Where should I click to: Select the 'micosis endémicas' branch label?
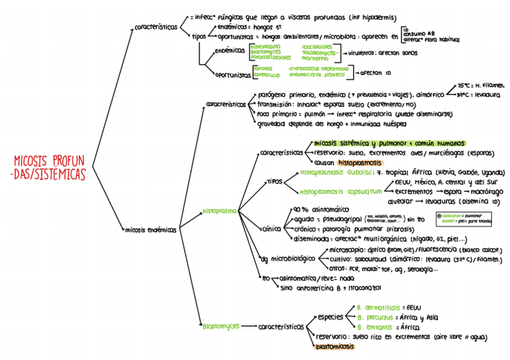[150, 229]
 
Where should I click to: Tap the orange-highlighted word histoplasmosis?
[360, 163]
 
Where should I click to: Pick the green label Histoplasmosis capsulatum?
[340, 191]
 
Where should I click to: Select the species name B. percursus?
[375, 317]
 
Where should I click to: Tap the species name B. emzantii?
[373, 327]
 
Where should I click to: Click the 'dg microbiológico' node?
[288, 259]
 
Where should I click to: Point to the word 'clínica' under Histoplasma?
[272, 229]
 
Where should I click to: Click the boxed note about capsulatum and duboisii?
[463, 218]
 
